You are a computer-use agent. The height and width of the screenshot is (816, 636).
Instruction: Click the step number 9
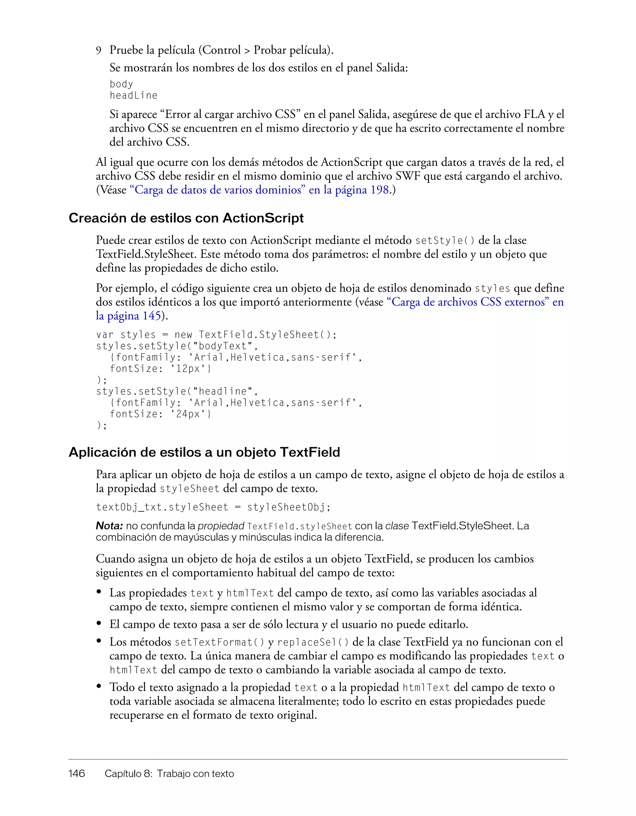tap(99, 50)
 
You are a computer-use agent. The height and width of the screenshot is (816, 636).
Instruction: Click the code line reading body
tap(121, 84)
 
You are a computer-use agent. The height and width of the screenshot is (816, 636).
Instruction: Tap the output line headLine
tap(134, 96)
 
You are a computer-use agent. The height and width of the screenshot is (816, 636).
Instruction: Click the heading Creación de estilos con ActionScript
tap(186, 218)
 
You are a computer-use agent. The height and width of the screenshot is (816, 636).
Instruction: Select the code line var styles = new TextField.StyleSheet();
tap(216, 334)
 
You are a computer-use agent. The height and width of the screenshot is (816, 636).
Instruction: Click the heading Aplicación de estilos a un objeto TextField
tap(204, 452)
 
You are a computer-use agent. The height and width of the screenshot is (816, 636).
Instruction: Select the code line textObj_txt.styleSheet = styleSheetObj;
tap(213, 507)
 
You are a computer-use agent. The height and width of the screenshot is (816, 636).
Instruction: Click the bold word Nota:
tap(109, 526)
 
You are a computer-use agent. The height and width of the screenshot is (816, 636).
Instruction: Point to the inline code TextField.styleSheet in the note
tap(300, 526)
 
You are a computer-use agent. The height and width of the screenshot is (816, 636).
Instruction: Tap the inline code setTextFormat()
tap(219, 642)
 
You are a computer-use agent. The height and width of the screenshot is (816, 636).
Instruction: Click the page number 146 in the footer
tap(77, 773)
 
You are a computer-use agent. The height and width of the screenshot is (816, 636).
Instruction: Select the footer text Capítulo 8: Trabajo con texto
tap(169, 773)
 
